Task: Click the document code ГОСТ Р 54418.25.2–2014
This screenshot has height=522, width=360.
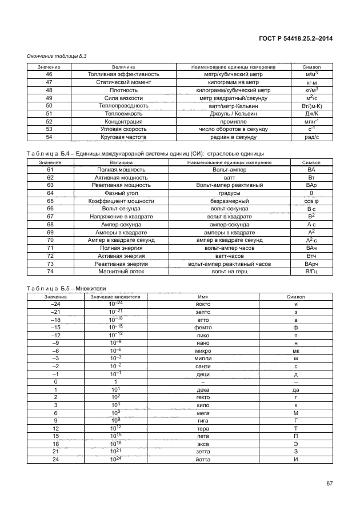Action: [x=294, y=38]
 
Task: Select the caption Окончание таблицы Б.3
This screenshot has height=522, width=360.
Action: [x=57, y=55]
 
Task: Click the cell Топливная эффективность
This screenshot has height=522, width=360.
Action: [x=123, y=74]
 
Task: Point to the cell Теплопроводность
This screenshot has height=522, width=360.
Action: [x=123, y=106]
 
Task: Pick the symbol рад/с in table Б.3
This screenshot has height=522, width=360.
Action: [x=311, y=137]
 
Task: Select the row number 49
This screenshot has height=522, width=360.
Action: [x=49, y=98]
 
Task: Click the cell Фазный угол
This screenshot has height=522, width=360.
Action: [x=123, y=193]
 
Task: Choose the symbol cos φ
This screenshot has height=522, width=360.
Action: [x=311, y=201]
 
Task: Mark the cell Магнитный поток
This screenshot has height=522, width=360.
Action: [x=123, y=272]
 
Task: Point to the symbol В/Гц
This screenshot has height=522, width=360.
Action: [x=311, y=272]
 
